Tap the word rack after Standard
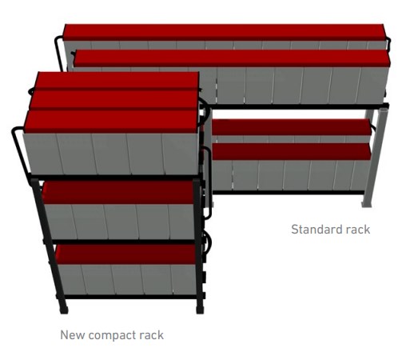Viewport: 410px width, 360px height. click(x=357, y=230)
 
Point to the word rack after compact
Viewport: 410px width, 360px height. click(x=150, y=335)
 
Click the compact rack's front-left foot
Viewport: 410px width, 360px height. click(x=64, y=310)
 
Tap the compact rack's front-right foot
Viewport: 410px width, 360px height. click(x=200, y=310)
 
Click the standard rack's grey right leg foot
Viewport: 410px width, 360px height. click(x=366, y=204)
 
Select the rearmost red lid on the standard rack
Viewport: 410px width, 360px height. click(x=225, y=32)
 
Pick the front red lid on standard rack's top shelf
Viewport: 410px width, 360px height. click(x=232, y=58)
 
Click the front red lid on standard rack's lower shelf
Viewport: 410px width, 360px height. click(x=292, y=152)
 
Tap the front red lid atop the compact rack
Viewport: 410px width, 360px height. click(x=111, y=122)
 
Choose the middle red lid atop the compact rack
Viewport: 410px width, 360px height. click(x=114, y=99)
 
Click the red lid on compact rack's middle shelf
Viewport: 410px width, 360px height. click(x=117, y=193)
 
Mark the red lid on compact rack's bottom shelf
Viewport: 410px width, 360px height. click(x=125, y=254)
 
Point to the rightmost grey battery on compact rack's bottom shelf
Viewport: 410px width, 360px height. click(x=184, y=279)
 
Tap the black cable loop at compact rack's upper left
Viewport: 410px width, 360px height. click(x=21, y=150)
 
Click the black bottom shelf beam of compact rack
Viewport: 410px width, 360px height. click(x=130, y=297)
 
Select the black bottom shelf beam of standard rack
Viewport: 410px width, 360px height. click(x=289, y=192)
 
